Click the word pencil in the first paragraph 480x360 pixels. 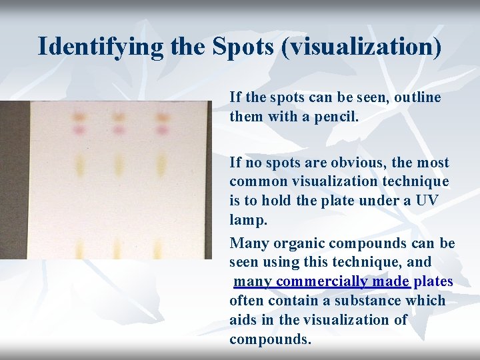click(336, 117)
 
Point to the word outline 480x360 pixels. click(417, 97)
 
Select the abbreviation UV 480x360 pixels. click(427, 201)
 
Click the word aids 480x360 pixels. click(244, 320)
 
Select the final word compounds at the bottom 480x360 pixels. click(269, 339)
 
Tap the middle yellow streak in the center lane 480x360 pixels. click(119, 164)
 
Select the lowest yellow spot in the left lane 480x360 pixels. click(79, 247)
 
